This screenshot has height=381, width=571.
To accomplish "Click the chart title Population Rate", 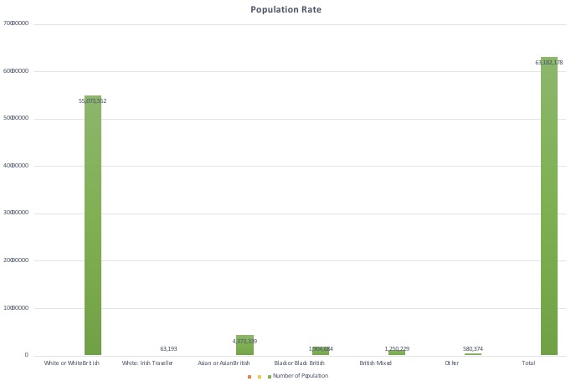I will point(285,10).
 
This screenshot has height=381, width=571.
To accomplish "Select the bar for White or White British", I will point(93,226).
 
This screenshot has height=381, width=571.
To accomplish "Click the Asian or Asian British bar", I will point(244,345).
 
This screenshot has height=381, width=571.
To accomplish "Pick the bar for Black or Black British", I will point(321,351).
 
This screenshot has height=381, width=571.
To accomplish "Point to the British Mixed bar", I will point(397,353).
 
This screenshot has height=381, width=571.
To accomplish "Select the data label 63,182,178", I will point(549,62).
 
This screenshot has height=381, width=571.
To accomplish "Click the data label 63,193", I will point(168,348).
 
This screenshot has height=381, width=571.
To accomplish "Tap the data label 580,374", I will point(473,348).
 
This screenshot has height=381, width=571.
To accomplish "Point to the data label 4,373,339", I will point(244,341).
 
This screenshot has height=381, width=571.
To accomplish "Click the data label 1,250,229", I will point(397,348).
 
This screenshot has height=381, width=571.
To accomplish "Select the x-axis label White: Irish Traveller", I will point(147,363).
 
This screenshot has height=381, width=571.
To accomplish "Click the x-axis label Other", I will point(451,363).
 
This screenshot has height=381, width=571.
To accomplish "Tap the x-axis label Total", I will point(528,363).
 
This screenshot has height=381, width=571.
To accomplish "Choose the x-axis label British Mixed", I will point(375,363).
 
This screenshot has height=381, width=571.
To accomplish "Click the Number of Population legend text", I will point(301,376).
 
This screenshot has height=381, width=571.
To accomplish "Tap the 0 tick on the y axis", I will point(27,356).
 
